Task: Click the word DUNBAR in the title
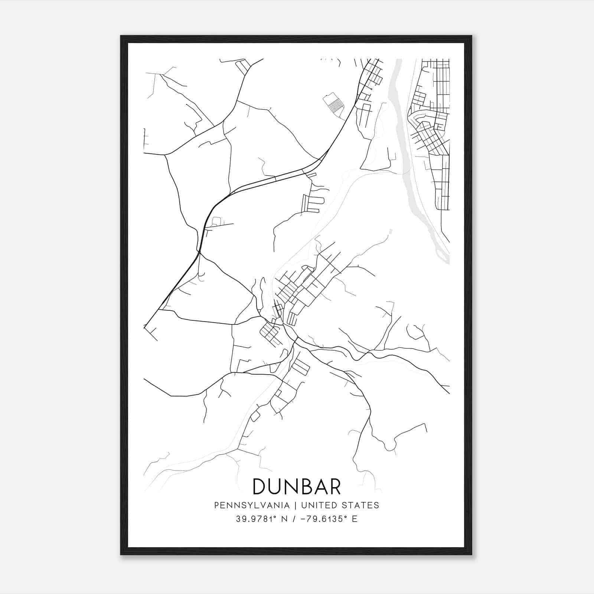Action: coord(297,486)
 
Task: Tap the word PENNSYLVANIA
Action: coord(252,505)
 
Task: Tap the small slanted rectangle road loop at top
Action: coord(244,67)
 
